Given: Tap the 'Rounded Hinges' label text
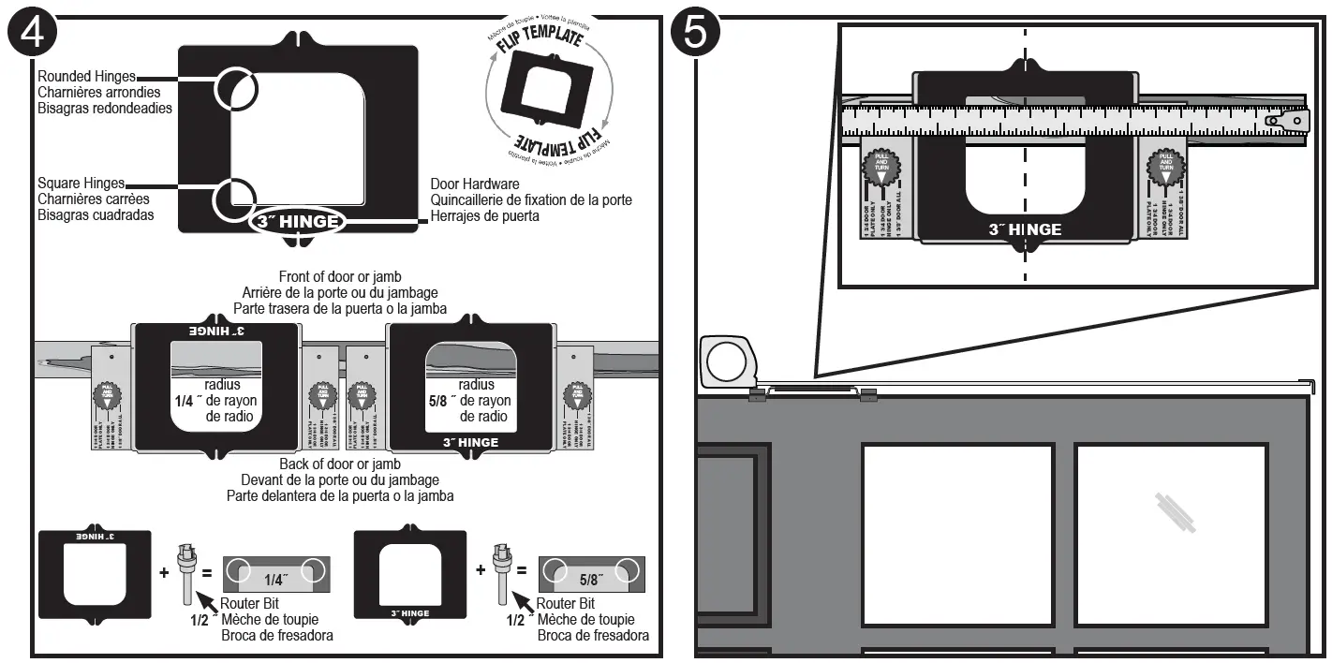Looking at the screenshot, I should (86, 77).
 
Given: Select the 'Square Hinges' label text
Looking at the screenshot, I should (81, 184).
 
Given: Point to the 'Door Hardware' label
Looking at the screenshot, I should (474, 184).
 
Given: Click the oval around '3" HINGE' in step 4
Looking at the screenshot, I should (297, 222).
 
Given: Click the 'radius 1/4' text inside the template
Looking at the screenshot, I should (222, 401).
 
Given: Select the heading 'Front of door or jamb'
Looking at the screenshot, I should (339, 276).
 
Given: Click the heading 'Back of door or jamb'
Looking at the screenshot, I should (339, 464).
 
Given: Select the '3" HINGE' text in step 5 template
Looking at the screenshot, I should (1025, 229).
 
